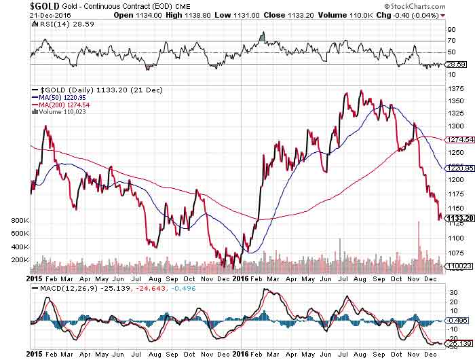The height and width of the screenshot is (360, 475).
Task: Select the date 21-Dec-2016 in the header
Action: coord(24,14)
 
